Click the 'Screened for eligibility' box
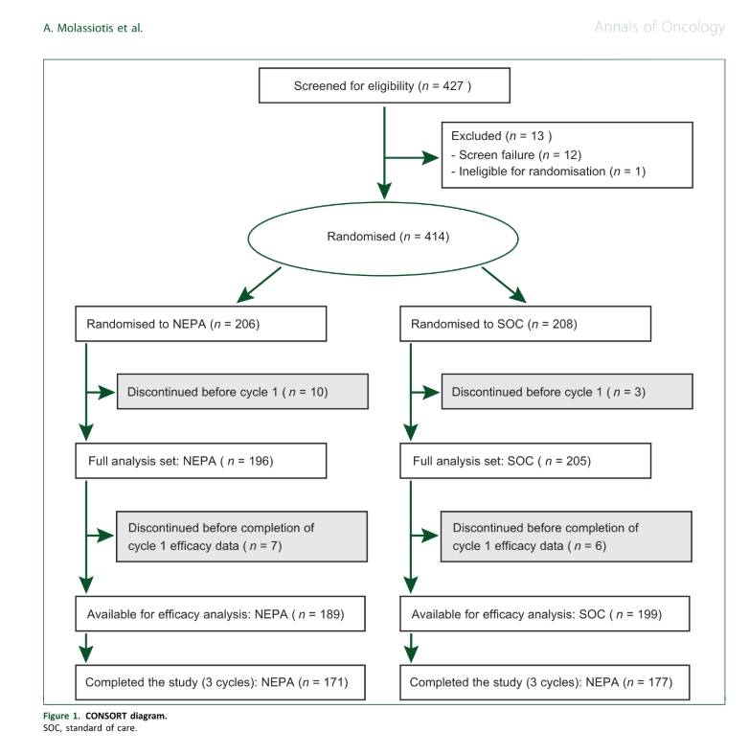tap(384, 85)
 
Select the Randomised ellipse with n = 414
tap(383, 239)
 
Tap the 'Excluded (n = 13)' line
tap(501, 136)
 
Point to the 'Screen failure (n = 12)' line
tap(516, 154)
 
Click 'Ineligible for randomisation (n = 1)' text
tap(548, 172)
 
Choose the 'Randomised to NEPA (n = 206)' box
tap(201, 324)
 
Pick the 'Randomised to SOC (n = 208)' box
tap(525, 324)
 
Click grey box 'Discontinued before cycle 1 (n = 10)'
tap(242, 392)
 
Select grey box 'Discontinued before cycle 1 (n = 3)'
tap(567, 392)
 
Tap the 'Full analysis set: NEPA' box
tap(201, 461)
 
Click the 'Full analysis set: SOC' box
tap(525, 461)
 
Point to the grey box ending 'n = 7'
tap(241, 537)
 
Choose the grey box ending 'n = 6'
tap(566, 537)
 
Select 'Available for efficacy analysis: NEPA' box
tap(220, 614)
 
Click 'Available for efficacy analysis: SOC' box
tap(544, 614)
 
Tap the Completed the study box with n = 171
tap(220, 682)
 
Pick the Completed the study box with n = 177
tap(544, 682)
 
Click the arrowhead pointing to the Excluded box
tap(430, 157)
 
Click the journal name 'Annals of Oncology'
tap(660, 27)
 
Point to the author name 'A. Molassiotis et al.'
tap(93, 28)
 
